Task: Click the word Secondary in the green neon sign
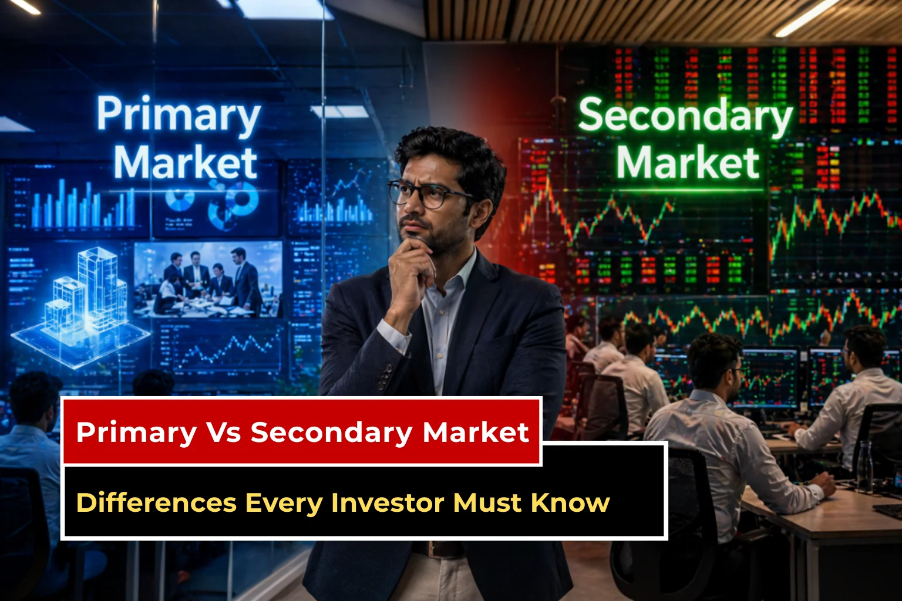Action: pos(685,116)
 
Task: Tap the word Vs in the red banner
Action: pos(223,433)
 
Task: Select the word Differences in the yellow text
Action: pos(156,503)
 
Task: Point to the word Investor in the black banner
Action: pos(386,503)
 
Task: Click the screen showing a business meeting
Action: pos(208,279)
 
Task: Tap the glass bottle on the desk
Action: pos(864,467)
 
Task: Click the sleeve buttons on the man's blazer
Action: pos(385,376)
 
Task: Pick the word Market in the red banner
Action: pos(476,433)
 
